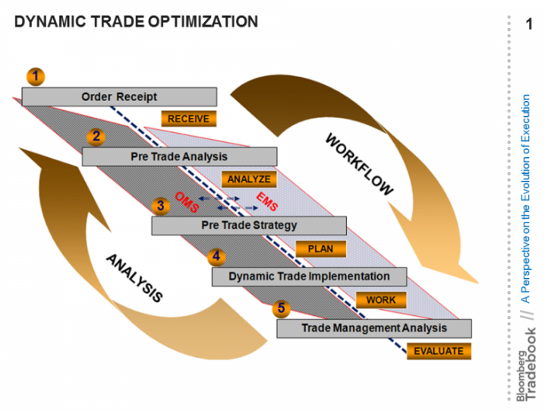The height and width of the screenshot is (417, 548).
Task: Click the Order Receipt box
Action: [x=119, y=96]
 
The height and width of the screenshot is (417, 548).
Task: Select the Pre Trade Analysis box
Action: [x=179, y=157]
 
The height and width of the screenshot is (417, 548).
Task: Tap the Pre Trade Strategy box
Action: [x=249, y=226]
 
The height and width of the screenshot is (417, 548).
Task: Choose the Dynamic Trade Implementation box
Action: [x=309, y=276]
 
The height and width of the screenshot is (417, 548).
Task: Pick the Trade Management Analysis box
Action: [x=374, y=328]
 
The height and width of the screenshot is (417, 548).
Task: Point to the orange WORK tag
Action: [x=381, y=299]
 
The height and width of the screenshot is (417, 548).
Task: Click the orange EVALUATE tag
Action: [x=439, y=351]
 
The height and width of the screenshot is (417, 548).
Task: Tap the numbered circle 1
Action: [x=36, y=76]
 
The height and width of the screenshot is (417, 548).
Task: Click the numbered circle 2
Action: [x=96, y=137]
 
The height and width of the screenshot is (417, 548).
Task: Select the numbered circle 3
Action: [x=160, y=205]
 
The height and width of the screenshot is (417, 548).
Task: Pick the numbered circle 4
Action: [x=217, y=256]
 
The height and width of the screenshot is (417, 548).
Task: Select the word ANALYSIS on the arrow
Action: [x=134, y=278]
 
